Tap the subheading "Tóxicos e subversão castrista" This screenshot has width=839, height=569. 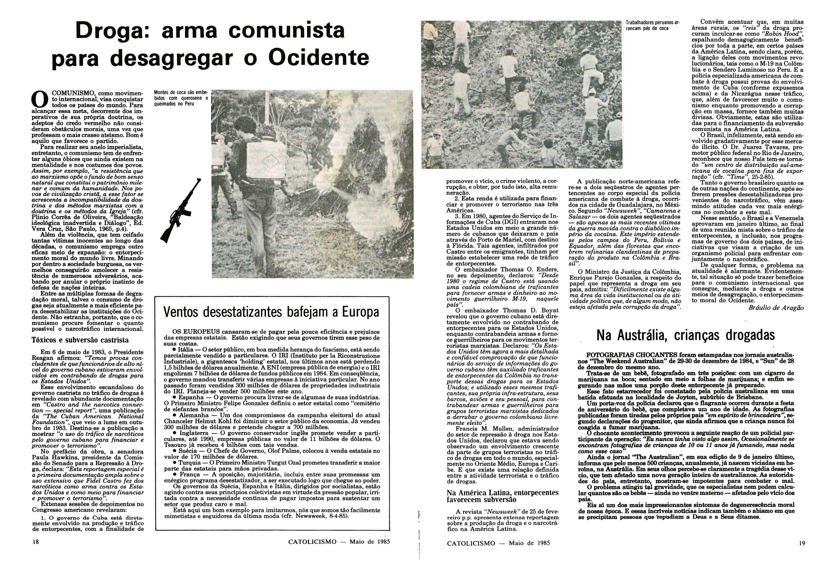(80, 340)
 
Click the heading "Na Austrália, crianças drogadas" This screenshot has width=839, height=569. (685, 335)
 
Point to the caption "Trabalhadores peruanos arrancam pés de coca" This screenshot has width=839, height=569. (652, 25)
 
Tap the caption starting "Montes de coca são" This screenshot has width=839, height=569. (181, 98)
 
